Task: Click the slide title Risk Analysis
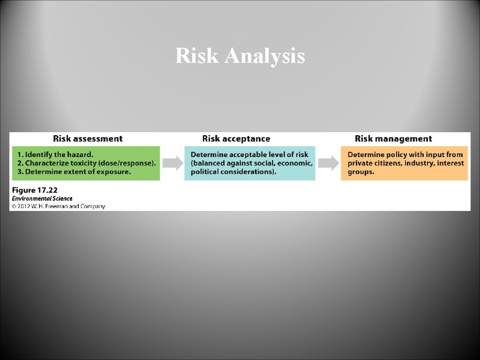point(240,56)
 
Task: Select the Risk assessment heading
point(88,139)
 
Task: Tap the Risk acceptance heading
point(236,139)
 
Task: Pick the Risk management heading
point(393,139)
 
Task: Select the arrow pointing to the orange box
point(329,163)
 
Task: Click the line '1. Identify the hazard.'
point(55,154)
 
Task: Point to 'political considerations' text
point(232,172)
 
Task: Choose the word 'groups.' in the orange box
point(361,172)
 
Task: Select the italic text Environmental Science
point(42,199)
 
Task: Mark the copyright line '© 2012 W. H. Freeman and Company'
point(59,206)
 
